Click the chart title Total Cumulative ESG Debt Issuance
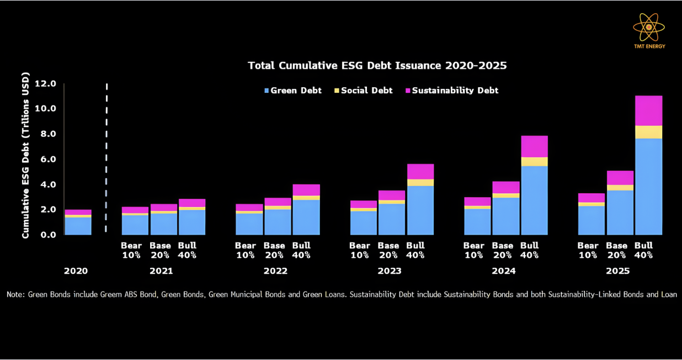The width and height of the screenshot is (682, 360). (377, 66)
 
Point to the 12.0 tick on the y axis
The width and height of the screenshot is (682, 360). (45, 84)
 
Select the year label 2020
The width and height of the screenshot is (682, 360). (76, 271)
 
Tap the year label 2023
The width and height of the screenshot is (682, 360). (389, 271)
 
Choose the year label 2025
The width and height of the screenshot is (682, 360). (617, 271)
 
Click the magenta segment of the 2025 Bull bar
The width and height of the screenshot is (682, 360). (648, 110)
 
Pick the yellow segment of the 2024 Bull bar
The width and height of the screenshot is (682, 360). (534, 162)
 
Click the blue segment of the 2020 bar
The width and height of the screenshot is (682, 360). (78, 226)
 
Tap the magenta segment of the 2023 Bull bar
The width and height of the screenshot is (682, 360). (420, 171)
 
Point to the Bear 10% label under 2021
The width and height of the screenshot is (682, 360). (131, 250)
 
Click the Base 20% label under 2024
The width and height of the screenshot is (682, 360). (502, 250)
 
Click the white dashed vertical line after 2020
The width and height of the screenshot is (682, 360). (106, 160)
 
